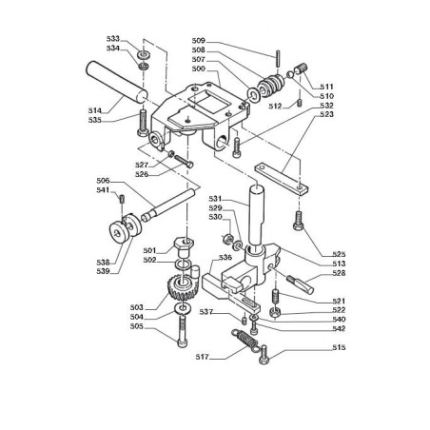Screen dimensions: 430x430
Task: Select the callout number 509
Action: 198,40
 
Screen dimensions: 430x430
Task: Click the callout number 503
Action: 135,307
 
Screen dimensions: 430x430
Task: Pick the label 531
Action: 216,198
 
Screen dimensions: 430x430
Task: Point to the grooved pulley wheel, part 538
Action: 122,234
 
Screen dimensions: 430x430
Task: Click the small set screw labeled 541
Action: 123,198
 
